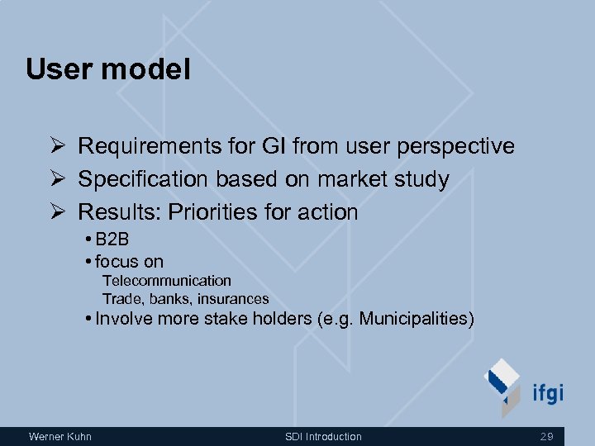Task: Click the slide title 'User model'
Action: pyautogui.click(x=108, y=69)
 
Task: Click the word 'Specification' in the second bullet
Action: pyautogui.click(x=144, y=179)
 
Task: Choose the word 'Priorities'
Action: pyautogui.click(x=213, y=212)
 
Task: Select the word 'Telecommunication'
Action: pyautogui.click(x=167, y=281)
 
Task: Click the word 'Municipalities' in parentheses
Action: pyautogui.click(x=414, y=319)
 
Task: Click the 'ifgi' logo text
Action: pyautogui.click(x=547, y=391)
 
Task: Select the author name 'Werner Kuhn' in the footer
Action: pyautogui.click(x=59, y=436)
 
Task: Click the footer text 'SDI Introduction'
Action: pyautogui.click(x=323, y=436)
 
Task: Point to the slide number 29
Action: pyautogui.click(x=546, y=436)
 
